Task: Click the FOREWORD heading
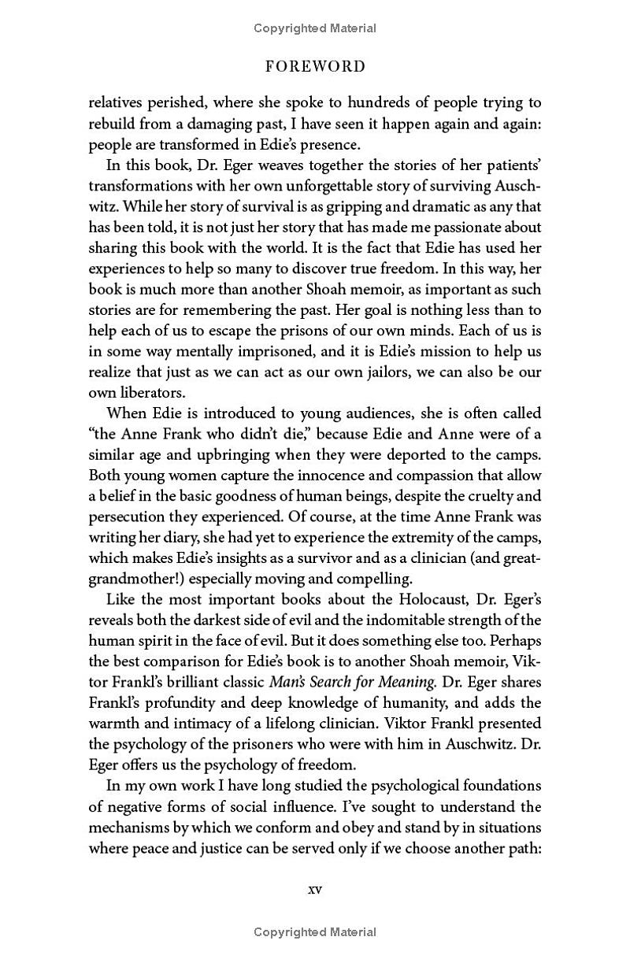tap(315, 66)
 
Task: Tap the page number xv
tap(314, 890)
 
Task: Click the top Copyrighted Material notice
tap(315, 28)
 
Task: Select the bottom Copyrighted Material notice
tap(315, 932)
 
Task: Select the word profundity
tap(172, 702)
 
